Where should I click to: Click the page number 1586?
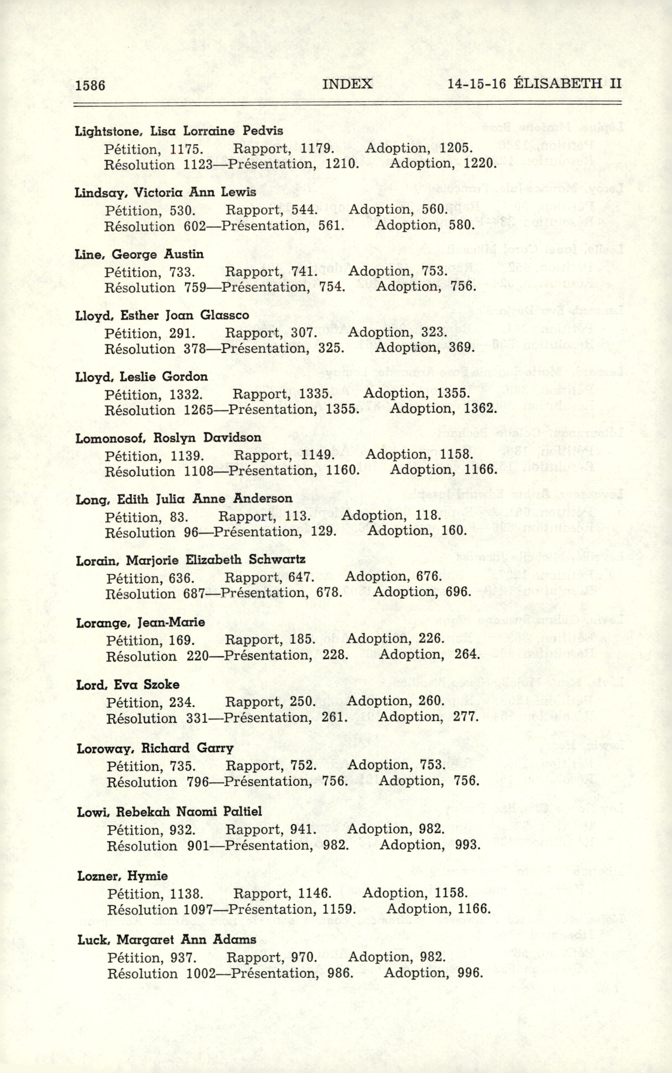(x=90, y=84)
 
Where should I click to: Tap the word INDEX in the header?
(x=347, y=84)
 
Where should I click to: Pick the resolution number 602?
(x=195, y=226)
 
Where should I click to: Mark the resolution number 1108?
(x=199, y=471)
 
